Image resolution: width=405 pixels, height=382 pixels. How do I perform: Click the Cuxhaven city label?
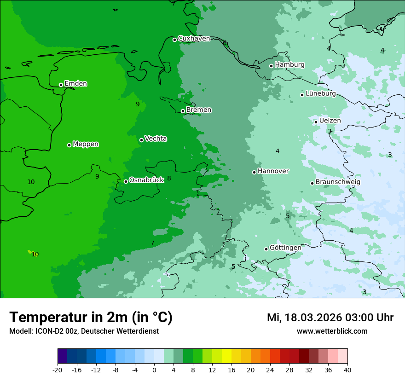point(194,39)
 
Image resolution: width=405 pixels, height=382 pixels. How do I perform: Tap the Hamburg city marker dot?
point(271,66)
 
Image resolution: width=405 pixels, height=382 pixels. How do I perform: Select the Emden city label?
point(75,84)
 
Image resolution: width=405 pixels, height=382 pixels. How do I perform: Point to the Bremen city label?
point(199,110)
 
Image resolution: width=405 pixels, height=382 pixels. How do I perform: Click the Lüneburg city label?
point(320,94)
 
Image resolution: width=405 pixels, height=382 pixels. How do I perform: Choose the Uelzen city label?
point(330,121)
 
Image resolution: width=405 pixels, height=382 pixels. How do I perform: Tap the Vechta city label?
point(156,139)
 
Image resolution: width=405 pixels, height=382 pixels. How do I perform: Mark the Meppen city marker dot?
point(69,145)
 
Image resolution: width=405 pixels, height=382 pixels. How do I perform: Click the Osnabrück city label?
point(146,180)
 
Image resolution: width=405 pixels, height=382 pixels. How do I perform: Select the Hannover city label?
point(273,171)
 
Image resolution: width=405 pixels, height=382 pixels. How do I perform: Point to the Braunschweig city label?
point(338,182)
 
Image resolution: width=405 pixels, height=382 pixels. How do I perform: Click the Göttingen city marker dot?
point(266,249)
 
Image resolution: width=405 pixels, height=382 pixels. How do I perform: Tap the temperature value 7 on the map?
point(152,243)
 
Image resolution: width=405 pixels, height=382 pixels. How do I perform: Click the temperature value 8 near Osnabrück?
point(169,178)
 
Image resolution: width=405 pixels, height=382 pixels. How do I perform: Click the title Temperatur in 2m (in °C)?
point(91,318)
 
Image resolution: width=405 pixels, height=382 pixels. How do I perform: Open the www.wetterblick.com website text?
point(332,331)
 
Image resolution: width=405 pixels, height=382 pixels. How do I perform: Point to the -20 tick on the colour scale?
point(58,370)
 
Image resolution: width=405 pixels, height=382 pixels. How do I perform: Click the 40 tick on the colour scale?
point(347,370)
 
